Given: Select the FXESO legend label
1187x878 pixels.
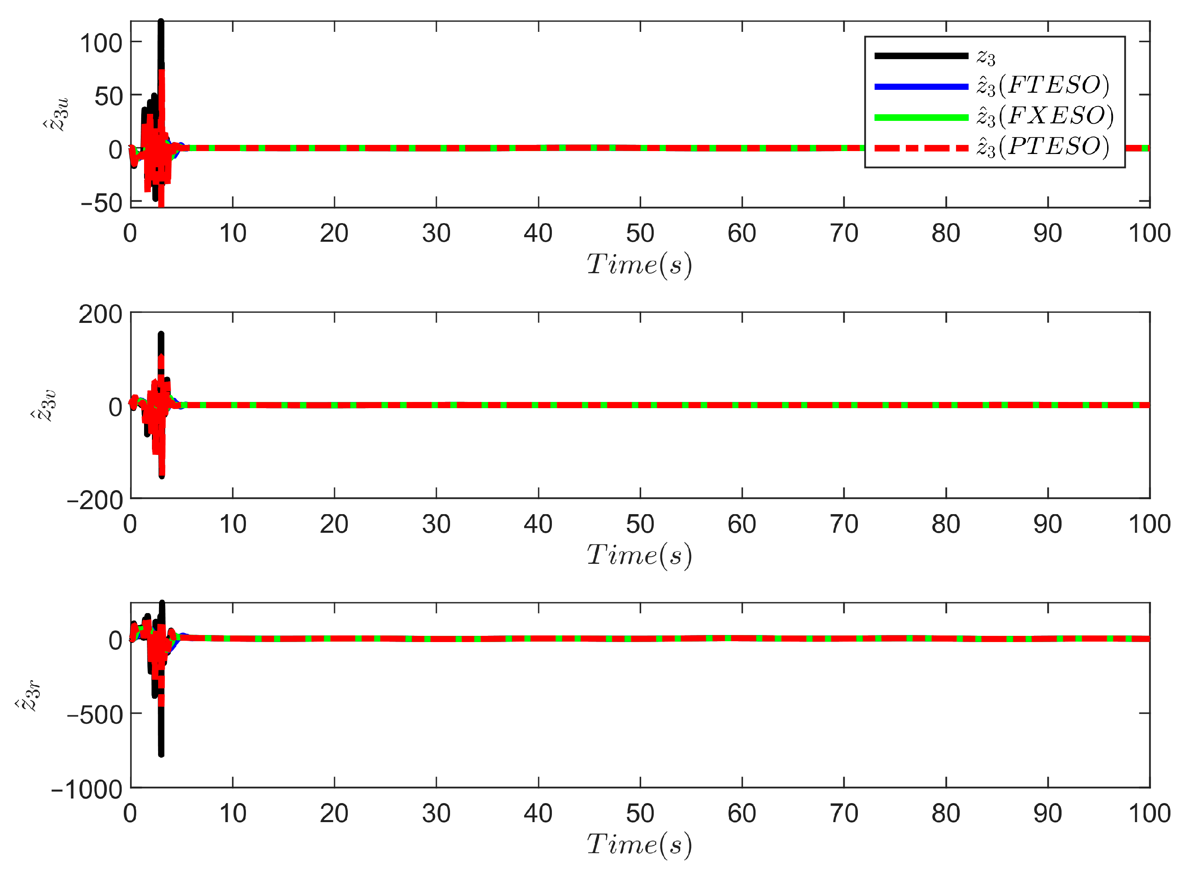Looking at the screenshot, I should [1045, 116].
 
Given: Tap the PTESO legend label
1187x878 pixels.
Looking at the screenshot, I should [1043, 147].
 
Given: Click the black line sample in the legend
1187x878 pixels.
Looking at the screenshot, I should [921, 56].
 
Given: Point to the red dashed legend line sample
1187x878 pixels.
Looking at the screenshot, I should [921, 148].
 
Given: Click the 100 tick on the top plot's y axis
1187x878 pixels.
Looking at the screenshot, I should [101, 43].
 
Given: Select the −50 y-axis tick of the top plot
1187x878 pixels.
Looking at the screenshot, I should [101, 203].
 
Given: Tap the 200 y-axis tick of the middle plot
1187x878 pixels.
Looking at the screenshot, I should [101, 315].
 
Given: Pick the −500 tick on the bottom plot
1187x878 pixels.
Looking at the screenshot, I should [95, 715].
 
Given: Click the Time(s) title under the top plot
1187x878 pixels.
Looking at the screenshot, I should [640, 265].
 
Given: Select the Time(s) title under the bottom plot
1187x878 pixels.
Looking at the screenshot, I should [640, 844].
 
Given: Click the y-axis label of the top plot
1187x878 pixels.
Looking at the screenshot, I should [56, 114].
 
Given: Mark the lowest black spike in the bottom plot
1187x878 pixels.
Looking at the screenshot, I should [161, 754].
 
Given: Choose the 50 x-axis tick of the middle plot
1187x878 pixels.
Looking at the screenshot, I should [640, 524].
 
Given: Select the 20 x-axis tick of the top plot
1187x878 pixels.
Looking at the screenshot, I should [335, 234].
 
